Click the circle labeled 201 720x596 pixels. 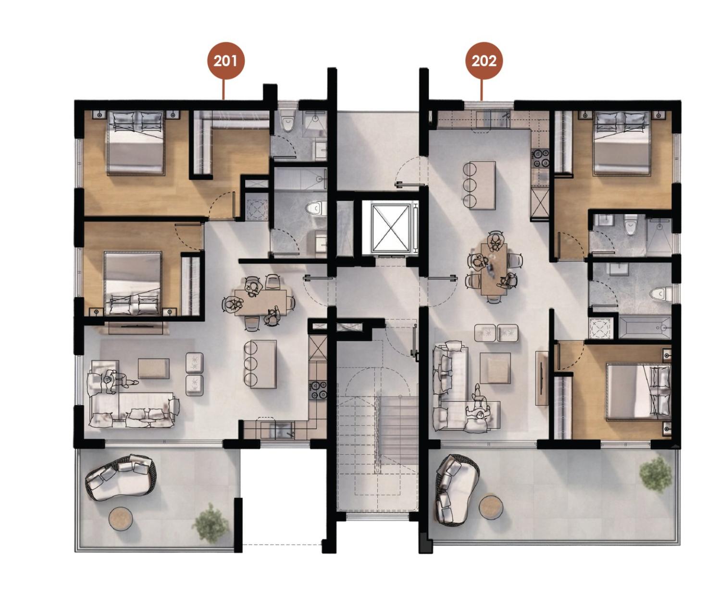tap(226, 61)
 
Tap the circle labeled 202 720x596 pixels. tap(484, 61)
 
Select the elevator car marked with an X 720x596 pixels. tap(391, 228)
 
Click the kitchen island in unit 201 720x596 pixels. tap(263, 364)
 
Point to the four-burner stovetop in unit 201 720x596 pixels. tap(318, 389)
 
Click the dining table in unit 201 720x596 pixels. tap(261, 302)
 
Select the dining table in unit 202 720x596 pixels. tap(494, 269)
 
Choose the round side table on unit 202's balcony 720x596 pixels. tap(491, 507)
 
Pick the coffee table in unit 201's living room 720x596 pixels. tap(153, 369)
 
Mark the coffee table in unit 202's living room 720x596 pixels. tap(495, 368)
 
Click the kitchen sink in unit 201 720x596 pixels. tap(282, 430)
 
